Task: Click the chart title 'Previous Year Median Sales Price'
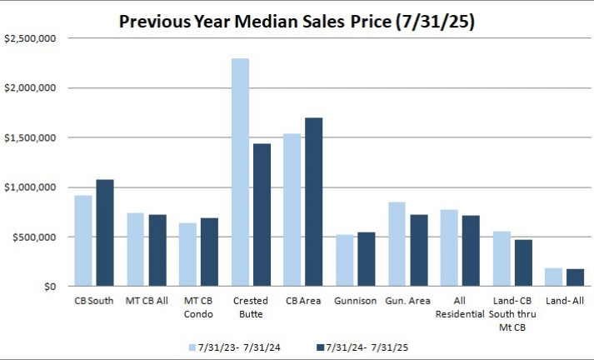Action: tap(297, 21)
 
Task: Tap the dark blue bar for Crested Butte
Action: tap(262, 215)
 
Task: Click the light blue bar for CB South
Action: tap(83, 241)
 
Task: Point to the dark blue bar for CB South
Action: tap(105, 233)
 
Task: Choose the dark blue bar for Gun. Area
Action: tap(418, 251)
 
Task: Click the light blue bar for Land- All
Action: tap(553, 277)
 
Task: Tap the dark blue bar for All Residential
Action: tap(471, 251)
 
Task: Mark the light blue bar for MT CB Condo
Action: tap(187, 255)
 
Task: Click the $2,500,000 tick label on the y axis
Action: tap(30, 38)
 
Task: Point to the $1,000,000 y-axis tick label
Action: tap(30, 187)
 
